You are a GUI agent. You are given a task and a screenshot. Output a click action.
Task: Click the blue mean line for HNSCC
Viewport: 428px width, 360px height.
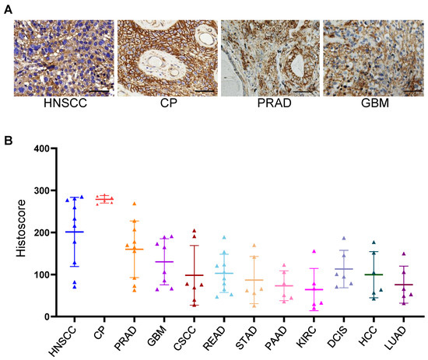pos(75,232)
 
